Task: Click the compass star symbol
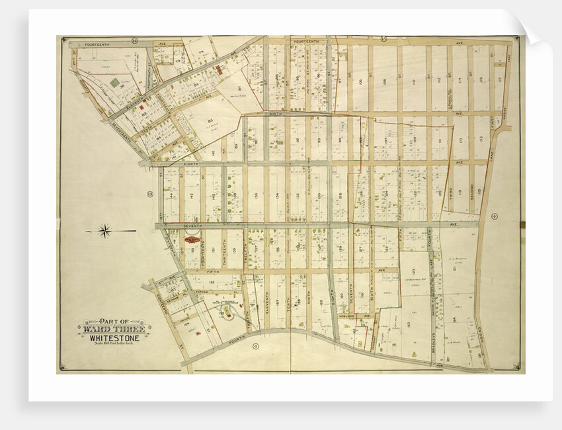[x=104, y=231]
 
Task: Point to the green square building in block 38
[x=116, y=83]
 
